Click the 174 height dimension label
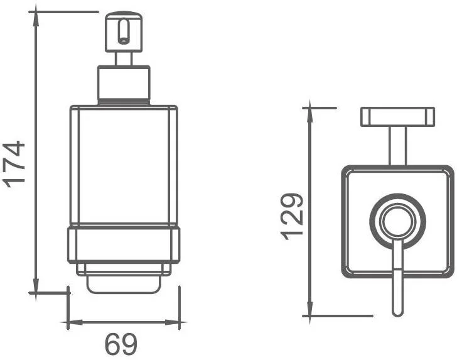pos(14,164)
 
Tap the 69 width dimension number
pos(121,344)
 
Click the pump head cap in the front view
pos(124,32)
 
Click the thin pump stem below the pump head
pos(124,59)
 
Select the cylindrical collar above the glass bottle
pos(124,85)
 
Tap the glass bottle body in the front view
pos(124,165)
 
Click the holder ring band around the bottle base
pos(124,244)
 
